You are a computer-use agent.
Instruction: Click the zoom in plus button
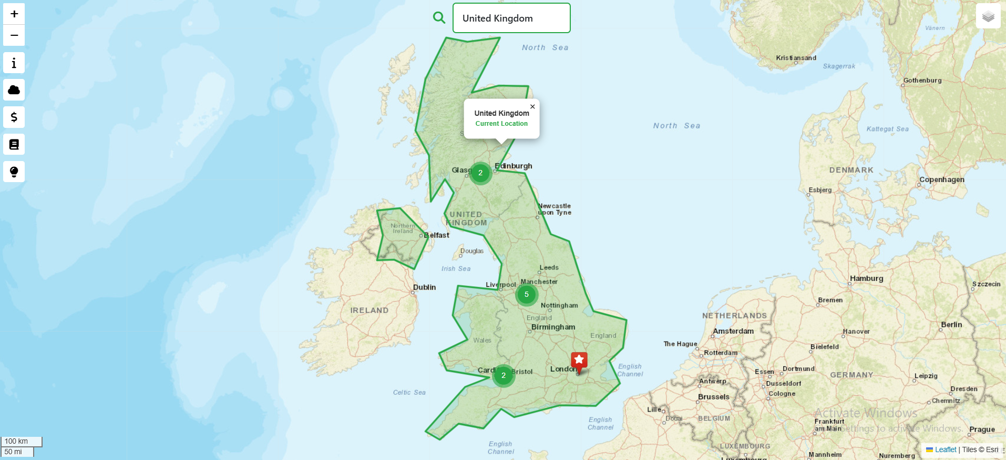14,14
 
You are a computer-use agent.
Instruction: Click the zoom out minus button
14,36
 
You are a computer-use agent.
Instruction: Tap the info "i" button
14,63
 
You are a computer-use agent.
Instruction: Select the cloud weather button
14,90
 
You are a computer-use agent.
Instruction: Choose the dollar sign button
14,117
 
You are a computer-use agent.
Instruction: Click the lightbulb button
14,172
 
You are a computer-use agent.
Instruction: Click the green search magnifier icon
439,18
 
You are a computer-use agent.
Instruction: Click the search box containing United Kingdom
511,18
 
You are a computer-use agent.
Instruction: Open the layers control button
988,16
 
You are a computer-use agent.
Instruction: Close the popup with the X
532,106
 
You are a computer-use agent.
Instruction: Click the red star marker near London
579,361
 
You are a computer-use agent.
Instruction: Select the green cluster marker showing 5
527,295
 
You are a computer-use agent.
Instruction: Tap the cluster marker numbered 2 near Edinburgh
480,173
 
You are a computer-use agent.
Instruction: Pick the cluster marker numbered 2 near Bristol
504,375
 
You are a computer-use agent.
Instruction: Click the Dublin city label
424,287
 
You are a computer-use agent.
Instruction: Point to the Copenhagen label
942,179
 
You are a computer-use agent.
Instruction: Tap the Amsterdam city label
733,331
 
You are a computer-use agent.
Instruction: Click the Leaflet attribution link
945,449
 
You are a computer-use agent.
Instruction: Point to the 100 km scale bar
21,441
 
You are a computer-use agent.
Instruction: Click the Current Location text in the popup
501,124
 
